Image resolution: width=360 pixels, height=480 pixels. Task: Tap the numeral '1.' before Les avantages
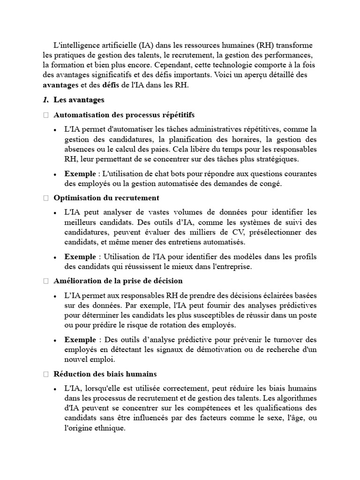45,100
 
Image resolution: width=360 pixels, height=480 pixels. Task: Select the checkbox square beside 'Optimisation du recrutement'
45,198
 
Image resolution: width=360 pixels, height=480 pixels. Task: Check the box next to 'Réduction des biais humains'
45,374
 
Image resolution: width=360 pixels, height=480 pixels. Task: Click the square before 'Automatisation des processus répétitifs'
45,115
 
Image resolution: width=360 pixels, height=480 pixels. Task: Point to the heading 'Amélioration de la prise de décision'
118,281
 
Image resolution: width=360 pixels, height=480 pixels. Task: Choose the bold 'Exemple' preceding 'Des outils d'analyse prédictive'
80,339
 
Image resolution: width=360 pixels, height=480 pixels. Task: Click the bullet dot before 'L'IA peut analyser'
55,213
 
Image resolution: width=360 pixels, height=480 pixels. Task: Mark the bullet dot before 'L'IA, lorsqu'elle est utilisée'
55,389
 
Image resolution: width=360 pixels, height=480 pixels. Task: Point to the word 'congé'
270,183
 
